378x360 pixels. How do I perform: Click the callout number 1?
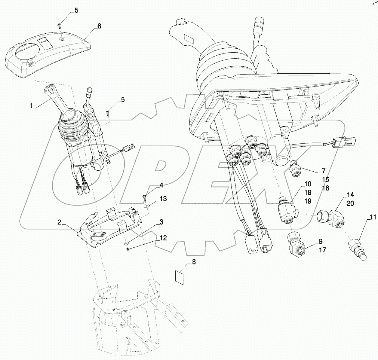coord(33,106)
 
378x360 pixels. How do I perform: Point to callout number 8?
coord(193,262)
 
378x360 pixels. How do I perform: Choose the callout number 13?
coord(163,199)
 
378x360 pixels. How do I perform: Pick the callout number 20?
coord(350,203)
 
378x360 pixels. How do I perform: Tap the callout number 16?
coord(326,188)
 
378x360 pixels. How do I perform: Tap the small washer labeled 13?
coord(145,205)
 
